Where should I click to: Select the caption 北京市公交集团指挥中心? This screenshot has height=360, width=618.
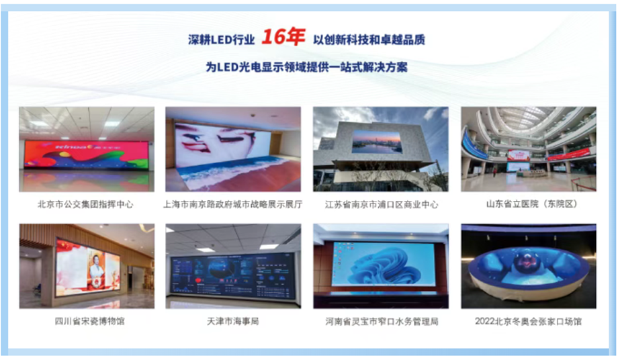87,204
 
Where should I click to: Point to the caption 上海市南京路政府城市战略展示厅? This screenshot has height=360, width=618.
233,204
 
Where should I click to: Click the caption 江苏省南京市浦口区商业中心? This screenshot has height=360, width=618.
380,204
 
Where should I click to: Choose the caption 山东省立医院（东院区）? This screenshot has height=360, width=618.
528,204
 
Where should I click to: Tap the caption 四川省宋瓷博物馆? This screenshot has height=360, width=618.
87,321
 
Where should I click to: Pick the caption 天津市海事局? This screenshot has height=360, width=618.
233,321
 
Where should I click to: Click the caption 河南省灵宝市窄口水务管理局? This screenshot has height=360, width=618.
380,321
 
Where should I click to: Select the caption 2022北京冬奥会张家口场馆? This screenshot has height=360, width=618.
528,321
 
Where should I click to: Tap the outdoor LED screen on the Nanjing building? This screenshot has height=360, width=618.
377,142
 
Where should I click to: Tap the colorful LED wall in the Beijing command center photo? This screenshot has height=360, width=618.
86,154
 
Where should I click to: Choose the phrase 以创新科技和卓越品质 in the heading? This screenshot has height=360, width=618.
369,40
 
